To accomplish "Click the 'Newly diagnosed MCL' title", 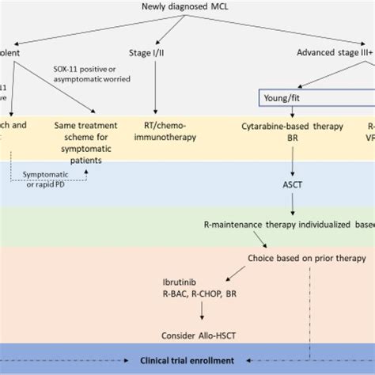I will [x=187, y=8].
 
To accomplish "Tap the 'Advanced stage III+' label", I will [x=333, y=53].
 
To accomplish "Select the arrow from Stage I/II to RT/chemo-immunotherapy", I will [x=155, y=87].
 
